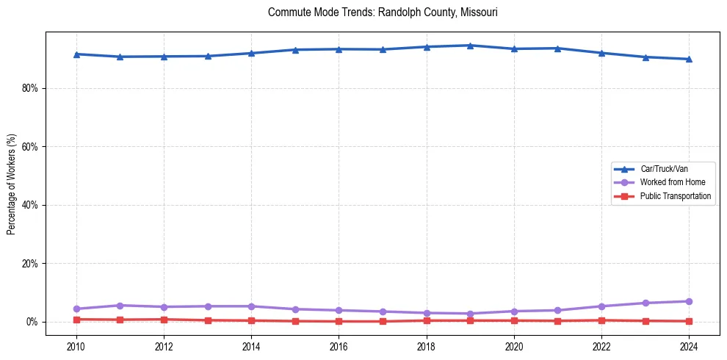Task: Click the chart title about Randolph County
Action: tap(383, 12)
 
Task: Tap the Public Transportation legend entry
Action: tap(675, 196)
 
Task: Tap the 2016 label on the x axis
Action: tap(339, 345)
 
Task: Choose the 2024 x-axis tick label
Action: tap(689, 345)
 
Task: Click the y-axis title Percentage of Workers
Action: tap(12, 184)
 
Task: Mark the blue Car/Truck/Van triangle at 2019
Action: tap(470, 46)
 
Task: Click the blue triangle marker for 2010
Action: tap(76, 54)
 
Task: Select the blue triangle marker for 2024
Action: tap(689, 59)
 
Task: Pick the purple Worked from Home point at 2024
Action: tap(689, 301)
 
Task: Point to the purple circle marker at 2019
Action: tap(470, 314)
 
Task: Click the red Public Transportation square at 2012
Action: tap(164, 320)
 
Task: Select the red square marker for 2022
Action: tap(601, 320)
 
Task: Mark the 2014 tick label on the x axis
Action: tap(251, 345)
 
